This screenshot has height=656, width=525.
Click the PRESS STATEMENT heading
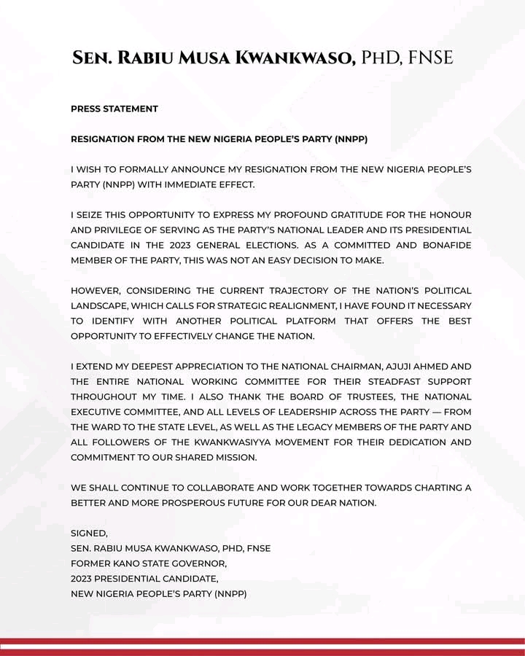(x=114, y=109)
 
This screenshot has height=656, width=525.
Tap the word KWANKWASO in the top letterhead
(x=299, y=58)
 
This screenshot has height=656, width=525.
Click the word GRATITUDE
(x=339, y=214)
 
